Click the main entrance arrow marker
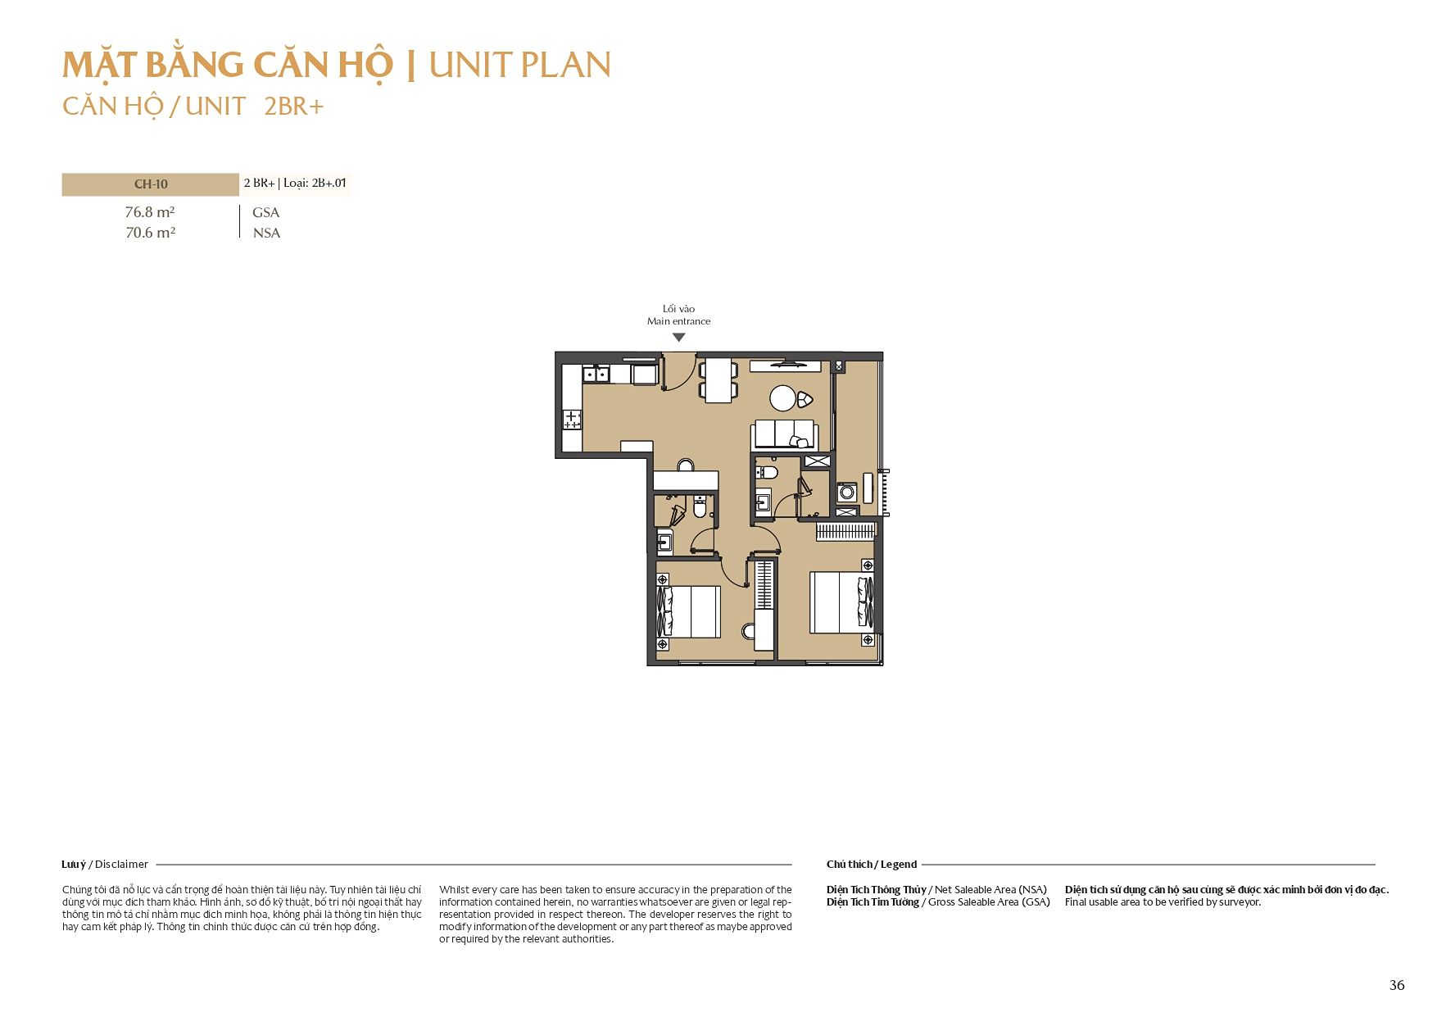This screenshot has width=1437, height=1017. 678,337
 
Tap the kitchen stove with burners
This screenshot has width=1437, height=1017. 572,420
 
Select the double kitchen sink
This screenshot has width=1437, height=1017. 596,375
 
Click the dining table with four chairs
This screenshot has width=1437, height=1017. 718,380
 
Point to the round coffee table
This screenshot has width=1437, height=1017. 783,398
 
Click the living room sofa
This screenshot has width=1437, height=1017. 785,434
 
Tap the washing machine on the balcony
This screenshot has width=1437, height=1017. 847,493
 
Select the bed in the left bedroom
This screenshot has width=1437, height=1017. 689,611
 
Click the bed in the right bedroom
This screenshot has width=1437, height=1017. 842,602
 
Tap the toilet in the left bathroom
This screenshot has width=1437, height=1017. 700,506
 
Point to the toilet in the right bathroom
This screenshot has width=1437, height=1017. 766,472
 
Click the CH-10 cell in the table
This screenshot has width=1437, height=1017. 151,184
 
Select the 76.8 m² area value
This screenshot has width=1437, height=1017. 150,212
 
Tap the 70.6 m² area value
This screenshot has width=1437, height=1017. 151,233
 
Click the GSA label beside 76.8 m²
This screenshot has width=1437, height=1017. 266,212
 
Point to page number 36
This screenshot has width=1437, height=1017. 1397,985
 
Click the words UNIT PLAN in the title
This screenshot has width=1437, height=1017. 520,66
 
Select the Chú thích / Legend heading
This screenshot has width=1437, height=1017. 872,864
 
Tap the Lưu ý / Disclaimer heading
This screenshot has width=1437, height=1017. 105,864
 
